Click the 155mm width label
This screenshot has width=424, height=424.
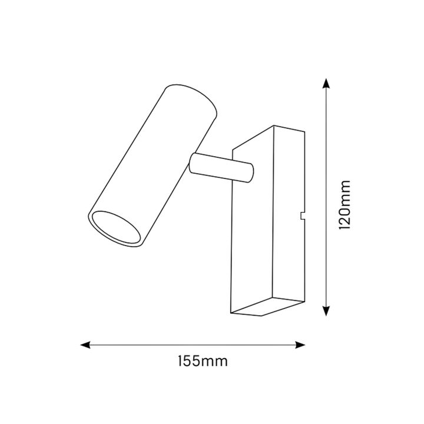pyautogui.click(x=203, y=361)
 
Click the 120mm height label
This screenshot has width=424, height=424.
pyautogui.click(x=344, y=205)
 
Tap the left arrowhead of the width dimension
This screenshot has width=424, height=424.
pyautogui.click(x=85, y=344)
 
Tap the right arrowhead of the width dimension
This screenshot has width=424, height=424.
pyautogui.click(x=300, y=344)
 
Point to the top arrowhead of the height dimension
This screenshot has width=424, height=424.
pyautogui.click(x=326, y=83)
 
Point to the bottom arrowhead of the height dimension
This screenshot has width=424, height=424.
pyautogui.click(x=326, y=311)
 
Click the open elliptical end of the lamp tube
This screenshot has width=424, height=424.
pyautogui.click(x=116, y=227)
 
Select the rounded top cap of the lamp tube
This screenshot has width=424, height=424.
pyautogui.click(x=191, y=100)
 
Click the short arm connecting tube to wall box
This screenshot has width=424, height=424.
pyautogui.click(x=222, y=168)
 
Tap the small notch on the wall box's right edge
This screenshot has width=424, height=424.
pyautogui.click(x=303, y=216)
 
